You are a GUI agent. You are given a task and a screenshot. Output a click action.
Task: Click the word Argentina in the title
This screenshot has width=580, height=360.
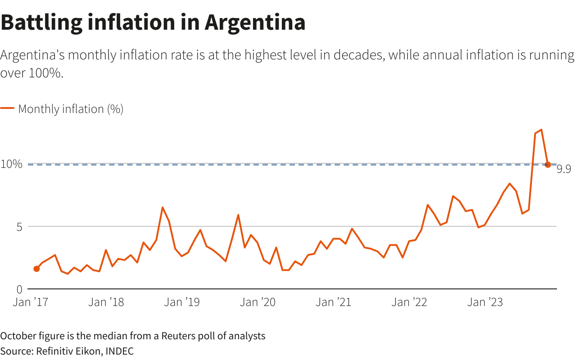pos(255,22)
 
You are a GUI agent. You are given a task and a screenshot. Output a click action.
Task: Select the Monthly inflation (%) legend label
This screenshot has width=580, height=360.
pos(71,109)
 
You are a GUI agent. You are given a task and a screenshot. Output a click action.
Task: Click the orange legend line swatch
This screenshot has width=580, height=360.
pos(7,108)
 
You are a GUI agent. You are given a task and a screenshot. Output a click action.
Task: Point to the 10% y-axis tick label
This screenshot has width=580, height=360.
pos(11,164)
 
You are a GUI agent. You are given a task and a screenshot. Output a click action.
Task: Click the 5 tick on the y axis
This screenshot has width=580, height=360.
pos(19,227)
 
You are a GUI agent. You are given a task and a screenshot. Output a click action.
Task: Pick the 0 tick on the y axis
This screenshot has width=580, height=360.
pos(19,289)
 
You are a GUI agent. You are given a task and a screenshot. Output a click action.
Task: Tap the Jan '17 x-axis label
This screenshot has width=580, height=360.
pos(31,302)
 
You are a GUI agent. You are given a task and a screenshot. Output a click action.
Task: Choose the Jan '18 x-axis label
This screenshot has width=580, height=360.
pos(106,302)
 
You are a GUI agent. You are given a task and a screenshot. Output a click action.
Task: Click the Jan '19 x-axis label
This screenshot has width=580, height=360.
pos(182,302)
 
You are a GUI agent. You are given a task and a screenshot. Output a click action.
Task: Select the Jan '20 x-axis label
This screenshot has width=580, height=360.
pos(258,302)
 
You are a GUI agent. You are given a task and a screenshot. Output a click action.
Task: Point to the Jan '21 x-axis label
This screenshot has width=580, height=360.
pos(334,302)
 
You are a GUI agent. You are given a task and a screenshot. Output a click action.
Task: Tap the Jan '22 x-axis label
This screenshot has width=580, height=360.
pos(409,302)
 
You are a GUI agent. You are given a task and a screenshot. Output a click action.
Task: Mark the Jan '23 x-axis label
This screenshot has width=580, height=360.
pos(485,302)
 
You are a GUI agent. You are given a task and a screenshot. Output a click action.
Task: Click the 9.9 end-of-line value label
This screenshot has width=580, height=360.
pos(564,169)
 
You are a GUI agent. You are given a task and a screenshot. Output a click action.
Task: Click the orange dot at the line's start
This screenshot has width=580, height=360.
pos(36,269)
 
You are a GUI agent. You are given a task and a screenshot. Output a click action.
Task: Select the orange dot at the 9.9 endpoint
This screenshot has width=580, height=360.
pos(548,165)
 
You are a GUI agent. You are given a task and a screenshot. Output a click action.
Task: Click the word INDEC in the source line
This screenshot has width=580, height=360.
pos(119,351)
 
